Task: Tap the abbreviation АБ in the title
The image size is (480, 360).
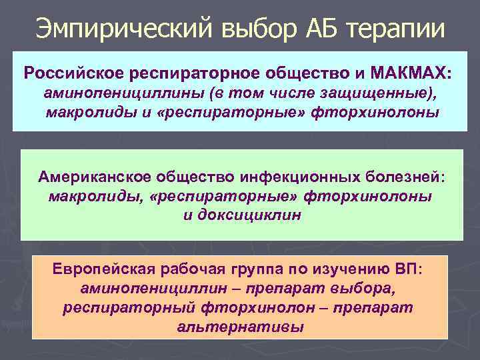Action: click(x=303, y=28)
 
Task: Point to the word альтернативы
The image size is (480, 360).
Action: click(x=241, y=327)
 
